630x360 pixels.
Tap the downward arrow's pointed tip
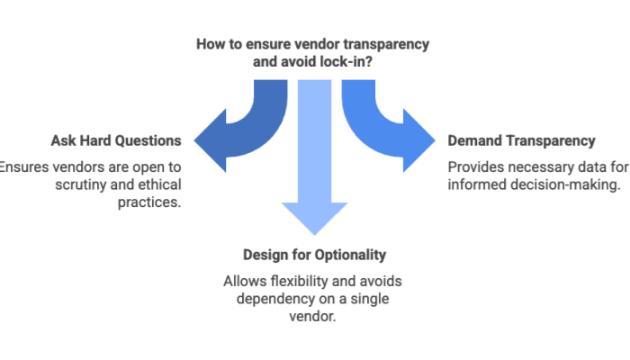tap(314, 236)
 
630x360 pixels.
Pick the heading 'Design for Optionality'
tap(314, 255)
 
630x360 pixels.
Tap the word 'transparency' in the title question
tap(392, 43)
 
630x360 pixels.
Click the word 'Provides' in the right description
tap(473, 166)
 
